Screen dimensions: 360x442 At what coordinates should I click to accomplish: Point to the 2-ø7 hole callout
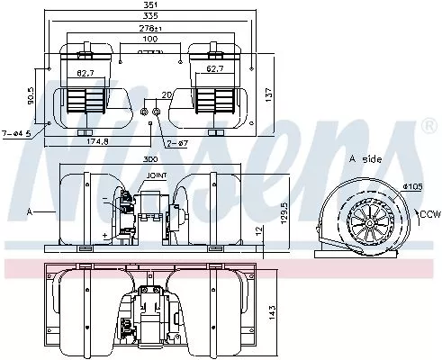[177, 142]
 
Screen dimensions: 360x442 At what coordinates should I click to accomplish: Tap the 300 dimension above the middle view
[149, 158]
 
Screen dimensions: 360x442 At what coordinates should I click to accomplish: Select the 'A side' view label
[364, 158]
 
